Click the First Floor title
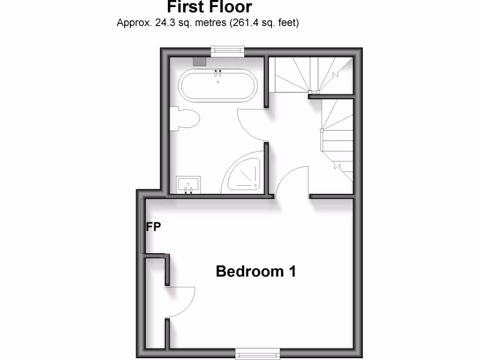pos(209,7)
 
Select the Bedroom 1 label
pos(255,271)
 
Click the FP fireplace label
pos(153,227)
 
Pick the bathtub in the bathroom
pos(218,85)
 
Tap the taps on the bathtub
pos(218,73)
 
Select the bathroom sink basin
pos(188,184)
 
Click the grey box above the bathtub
pos(200,61)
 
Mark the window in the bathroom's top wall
pos(228,51)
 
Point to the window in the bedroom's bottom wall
pos(257,353)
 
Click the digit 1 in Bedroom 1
pos(292,271)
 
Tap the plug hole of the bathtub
pos(218,82)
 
